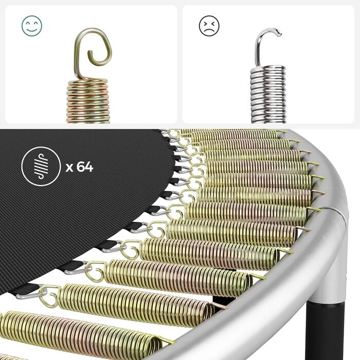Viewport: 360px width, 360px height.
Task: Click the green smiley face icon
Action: pos(32,26)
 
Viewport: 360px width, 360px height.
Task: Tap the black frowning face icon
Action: pos(209,26)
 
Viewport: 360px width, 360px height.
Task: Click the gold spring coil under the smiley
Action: pos(88,101)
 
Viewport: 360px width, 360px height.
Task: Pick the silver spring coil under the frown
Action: pos(268,95)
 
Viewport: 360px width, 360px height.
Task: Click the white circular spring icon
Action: pos(41,166)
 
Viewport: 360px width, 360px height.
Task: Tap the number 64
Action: pos(85,167)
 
